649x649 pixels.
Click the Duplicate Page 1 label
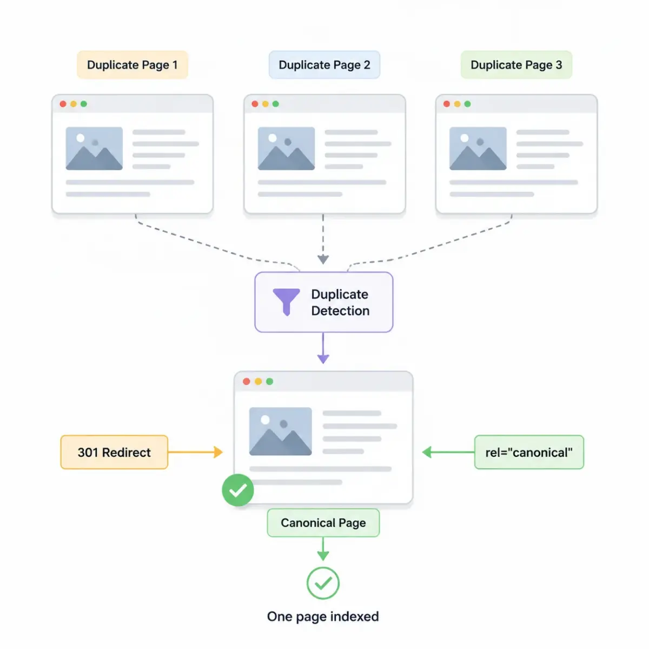133,65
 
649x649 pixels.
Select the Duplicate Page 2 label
324,65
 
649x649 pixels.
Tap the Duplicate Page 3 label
516,65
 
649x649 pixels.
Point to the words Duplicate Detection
340,302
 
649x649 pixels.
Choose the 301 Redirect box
114,452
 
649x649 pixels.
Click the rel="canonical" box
529,452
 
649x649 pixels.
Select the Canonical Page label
323,522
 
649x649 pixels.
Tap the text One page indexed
323,617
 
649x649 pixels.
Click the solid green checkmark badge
238,490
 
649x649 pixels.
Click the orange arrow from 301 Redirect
195,452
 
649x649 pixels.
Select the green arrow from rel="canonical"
448,452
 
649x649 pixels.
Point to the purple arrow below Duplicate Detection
323,348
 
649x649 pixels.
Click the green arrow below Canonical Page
323,548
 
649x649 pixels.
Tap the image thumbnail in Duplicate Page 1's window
94,148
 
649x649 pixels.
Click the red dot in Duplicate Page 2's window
255,104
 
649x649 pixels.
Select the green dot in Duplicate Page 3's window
467,104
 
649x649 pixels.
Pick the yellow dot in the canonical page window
258,381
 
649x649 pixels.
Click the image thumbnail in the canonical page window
280,431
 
